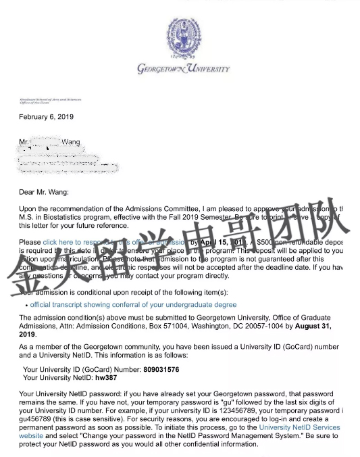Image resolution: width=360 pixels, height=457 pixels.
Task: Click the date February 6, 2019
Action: (x=46, y=117)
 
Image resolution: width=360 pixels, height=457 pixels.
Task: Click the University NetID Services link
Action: (x=300, y=427)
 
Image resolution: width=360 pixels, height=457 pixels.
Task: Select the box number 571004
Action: (x=172, y=326)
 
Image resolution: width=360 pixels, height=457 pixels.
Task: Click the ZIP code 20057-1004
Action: (x=261, y=326)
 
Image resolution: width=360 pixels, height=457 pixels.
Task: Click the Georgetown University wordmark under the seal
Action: (x=183, y=69)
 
